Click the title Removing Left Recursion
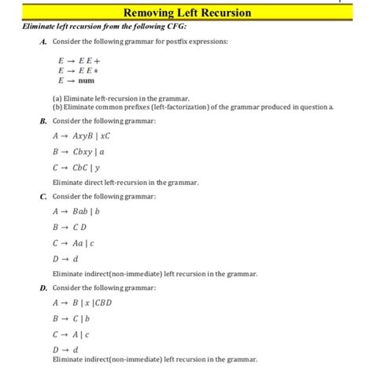[x=186, y=13]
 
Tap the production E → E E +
[x=75, y=60]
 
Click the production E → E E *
[x=75, y=70]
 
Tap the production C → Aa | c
[x=77, y=243]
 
